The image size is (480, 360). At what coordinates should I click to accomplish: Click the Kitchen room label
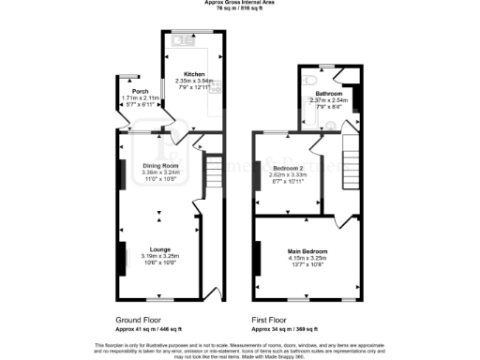tap(194, 73)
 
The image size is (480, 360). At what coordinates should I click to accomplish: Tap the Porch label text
tap(129, 91)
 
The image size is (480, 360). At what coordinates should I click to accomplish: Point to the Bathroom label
tap(328, 94)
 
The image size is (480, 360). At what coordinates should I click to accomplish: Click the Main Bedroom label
tap(307, 251)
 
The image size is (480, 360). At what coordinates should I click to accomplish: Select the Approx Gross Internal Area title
tap(240, 3)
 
